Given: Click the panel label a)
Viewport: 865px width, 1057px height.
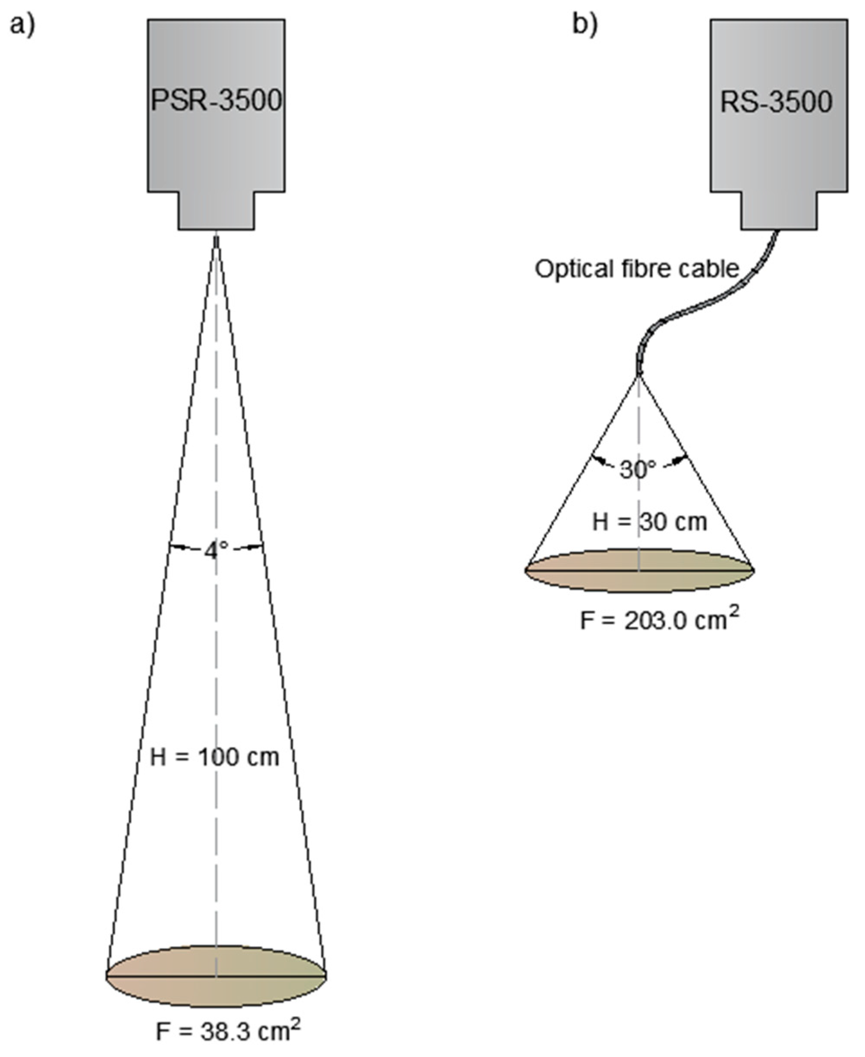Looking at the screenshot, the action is coord(22,25).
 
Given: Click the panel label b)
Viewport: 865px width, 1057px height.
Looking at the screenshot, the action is coord(585,25).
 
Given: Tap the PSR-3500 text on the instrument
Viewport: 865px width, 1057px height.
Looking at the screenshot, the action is coord(216,101).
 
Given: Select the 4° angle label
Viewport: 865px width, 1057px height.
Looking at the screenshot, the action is coord(216,550).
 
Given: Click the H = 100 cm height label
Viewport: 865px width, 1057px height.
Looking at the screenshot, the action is coord(215,758).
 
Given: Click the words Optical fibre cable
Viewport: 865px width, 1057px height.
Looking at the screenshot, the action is coord(637,270).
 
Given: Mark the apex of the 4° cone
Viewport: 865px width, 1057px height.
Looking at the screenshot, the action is coord(216,238).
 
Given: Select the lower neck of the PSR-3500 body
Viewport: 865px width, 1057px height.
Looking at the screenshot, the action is coord(216,210).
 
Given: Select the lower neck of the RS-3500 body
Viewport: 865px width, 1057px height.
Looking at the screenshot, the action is coord(779,210).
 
